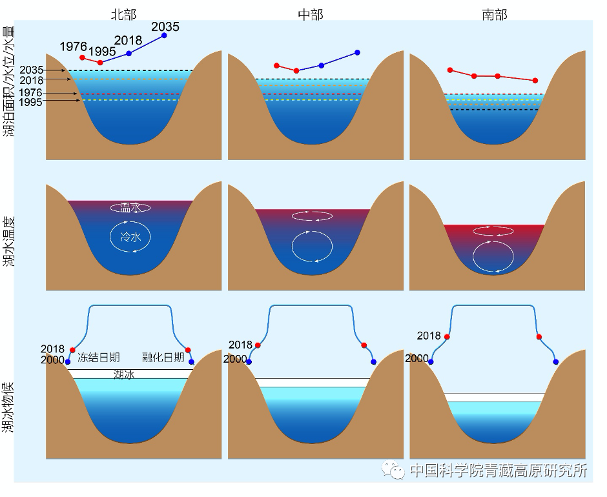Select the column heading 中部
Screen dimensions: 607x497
click(x=311, y=14)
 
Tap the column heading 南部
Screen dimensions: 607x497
click(x=495, y=14)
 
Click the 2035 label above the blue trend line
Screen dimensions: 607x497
click(x=165, y=26)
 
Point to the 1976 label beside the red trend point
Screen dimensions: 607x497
click(x=73, y=47)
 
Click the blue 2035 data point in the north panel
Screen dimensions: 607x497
click(x=164, y=35)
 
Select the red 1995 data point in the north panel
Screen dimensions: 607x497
click(x=100, y=63)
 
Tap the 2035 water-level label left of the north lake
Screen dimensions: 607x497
click(x=31, y=70)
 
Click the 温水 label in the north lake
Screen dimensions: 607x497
click(x=130, y=208)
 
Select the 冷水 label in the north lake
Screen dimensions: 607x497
click(x=130, y=238)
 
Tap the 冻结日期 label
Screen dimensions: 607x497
click(x=98, y=358)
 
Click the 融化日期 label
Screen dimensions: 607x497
click(x=163, y=358)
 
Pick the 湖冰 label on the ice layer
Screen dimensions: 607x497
click(x=123, y=374)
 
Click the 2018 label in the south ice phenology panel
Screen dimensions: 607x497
click(x=429, y=336)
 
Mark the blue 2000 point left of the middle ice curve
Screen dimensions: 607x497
click(x=250, y=360)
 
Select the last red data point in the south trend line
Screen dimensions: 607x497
click(x=535, y=81)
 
